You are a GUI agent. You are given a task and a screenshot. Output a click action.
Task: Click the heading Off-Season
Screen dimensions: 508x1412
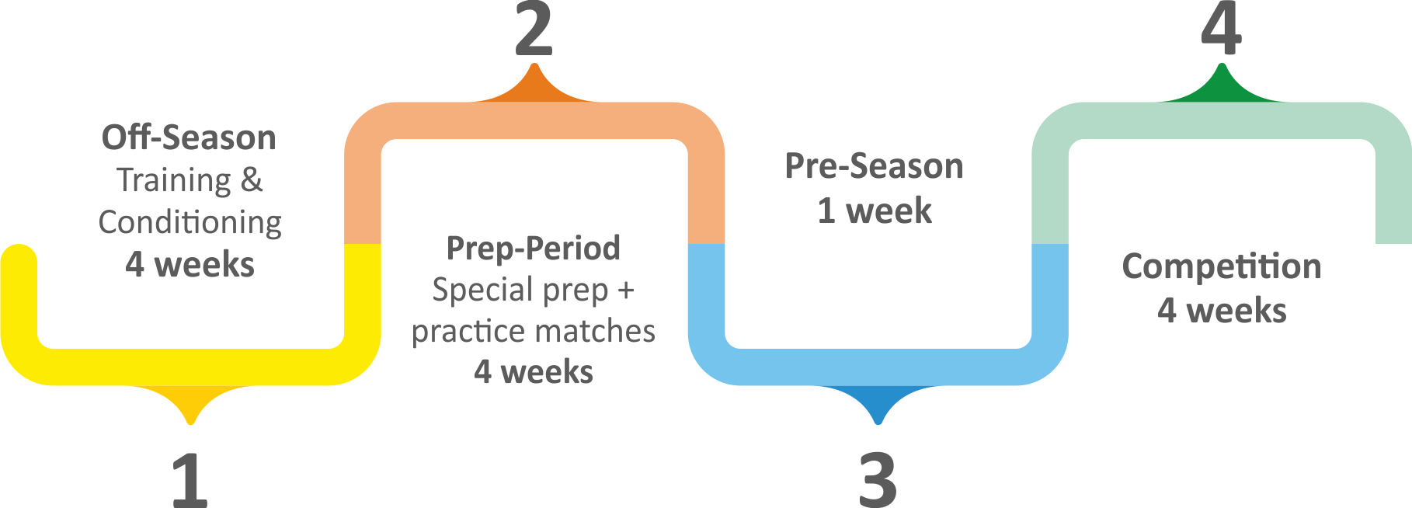point(189,137)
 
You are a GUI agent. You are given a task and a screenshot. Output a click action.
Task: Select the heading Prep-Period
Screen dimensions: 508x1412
point(534,249)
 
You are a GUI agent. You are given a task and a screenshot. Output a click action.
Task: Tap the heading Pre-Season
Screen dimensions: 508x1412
point(874,166)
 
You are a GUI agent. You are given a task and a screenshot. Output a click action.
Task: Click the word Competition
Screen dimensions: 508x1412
point(1221,266)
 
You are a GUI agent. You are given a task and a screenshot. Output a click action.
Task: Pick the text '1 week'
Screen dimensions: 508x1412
point(874,211)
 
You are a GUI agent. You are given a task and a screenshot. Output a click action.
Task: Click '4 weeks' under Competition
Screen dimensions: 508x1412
point(1221,311)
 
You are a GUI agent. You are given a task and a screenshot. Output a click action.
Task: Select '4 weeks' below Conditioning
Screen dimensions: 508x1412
point(190,265)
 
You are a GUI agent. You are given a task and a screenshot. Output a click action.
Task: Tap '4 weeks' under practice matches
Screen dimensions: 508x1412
point(534,372)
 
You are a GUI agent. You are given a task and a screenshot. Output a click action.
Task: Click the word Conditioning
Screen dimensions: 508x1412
point(190,223)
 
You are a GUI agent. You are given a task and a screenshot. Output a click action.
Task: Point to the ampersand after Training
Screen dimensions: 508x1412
point(252,180)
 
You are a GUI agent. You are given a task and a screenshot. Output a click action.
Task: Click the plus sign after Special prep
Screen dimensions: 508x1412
point(626,291)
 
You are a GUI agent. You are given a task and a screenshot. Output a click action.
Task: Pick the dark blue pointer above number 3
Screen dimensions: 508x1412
point(878,402)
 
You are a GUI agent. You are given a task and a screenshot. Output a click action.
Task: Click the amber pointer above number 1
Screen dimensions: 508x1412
point(190,402)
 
